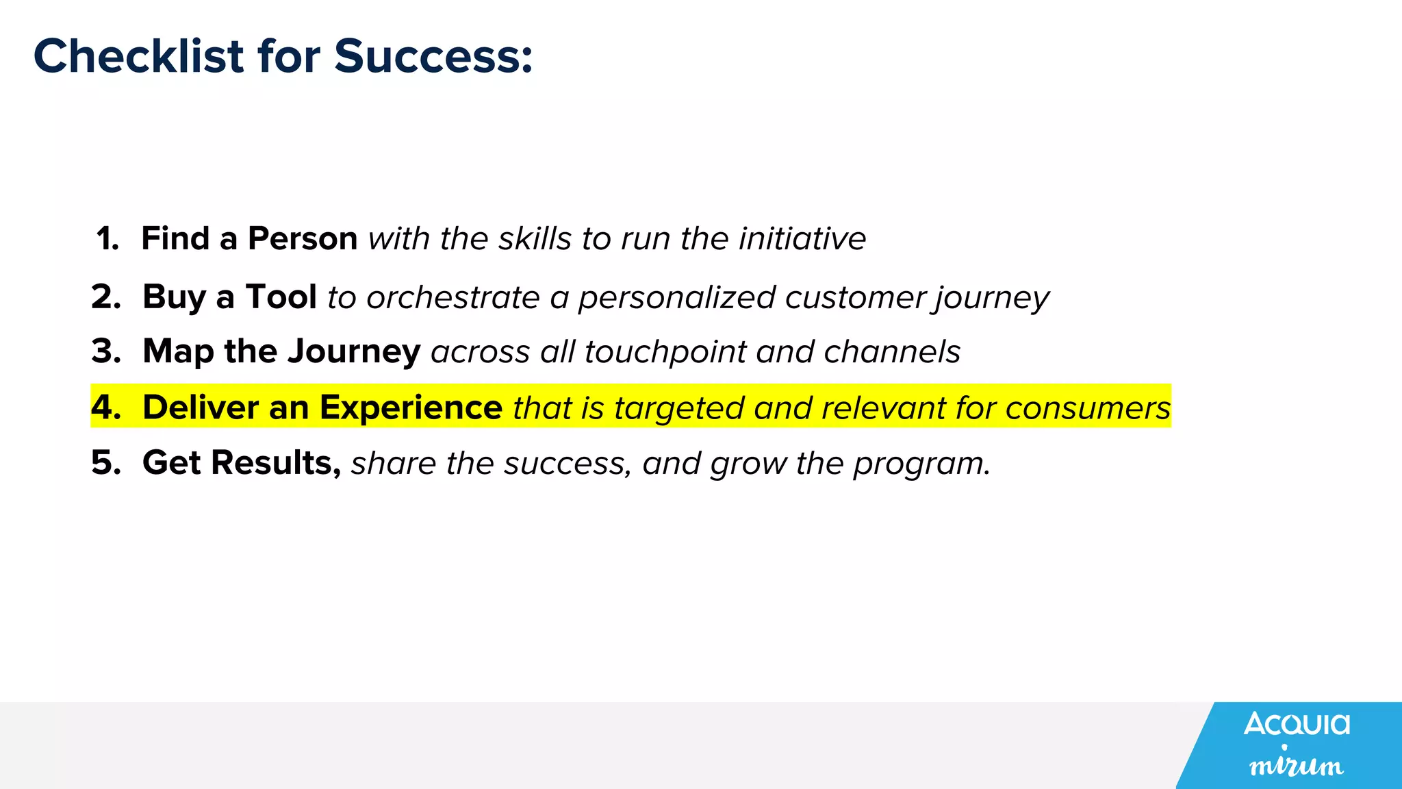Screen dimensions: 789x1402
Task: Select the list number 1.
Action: [107, 239]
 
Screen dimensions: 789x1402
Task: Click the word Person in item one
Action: [302, 239]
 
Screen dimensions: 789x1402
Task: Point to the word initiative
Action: [802, 239]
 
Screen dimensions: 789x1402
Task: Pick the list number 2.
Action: [106, 297]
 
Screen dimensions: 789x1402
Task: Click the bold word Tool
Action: [281, 297]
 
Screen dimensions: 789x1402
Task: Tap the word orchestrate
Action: [453, 298]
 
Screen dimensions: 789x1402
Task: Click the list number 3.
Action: [106, 351]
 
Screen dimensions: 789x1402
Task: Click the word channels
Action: [891, 352]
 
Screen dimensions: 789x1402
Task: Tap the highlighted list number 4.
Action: [106, 408]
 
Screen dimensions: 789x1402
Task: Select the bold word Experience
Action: [411, 408]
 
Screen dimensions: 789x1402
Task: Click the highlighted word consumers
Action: [1088, 408]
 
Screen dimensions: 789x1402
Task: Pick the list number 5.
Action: [106, 463]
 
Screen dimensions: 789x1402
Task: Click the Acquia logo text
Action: [1297, 724]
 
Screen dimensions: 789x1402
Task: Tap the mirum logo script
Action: [1296, 764]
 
